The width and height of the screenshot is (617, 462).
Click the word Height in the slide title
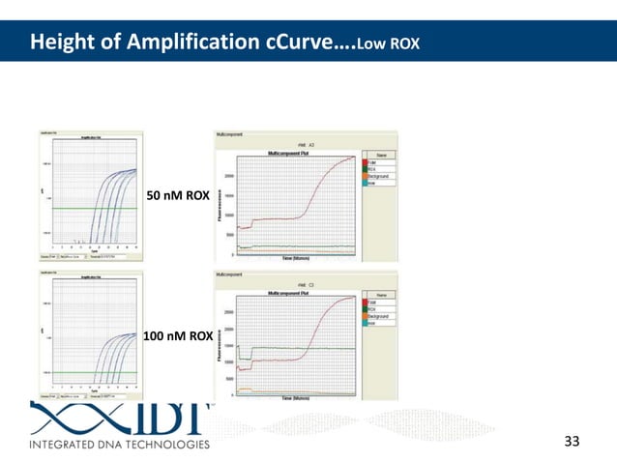point(58,43)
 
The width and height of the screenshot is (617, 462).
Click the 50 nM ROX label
point(177,197)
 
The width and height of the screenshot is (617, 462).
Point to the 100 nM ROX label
point(178,336)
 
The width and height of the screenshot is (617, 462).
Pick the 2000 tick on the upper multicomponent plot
point(229,177)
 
